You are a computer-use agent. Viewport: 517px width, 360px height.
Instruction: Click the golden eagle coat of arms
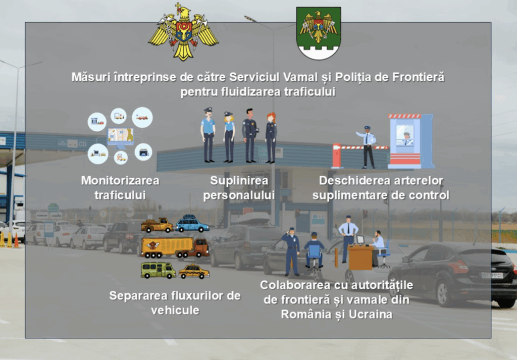click(x=183, y=32)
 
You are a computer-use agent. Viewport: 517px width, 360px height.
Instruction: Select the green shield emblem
click(x=319, y=33)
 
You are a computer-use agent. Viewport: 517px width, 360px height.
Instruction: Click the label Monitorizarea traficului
click(x=120, y=188)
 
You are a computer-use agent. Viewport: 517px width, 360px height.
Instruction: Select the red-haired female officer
click(x=271, y=138)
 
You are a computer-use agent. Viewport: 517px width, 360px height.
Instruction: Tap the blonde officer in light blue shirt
click(x=229, y=137)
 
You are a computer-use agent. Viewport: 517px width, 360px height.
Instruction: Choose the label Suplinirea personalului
click(x=239, y=188)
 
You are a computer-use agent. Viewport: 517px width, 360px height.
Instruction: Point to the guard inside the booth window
click(x=406, y=139)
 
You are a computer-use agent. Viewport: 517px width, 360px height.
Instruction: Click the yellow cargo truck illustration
click(x=175, y=248)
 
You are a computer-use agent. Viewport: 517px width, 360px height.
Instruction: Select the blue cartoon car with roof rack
click(x=192, y=224)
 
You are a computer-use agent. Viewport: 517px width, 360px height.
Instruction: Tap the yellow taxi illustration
click(x=194, y=271)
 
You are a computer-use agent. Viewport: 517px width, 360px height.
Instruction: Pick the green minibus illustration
click(x=158, y=270)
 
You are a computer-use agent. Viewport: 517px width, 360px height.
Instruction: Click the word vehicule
click(x=175, y=310)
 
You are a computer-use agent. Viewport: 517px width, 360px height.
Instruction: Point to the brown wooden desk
click(x=360, y=256)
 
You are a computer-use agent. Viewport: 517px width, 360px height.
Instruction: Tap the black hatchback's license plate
click(x=492, y=275)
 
